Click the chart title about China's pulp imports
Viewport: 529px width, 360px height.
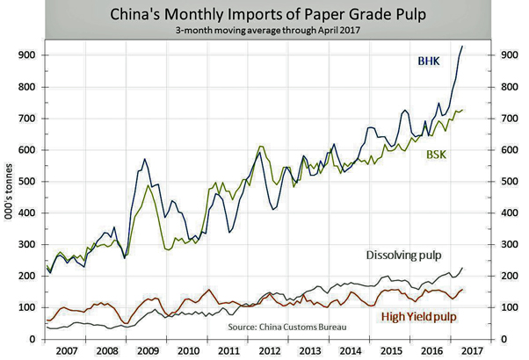coord(264,15)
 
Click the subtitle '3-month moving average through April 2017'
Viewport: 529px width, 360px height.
coord(264,31)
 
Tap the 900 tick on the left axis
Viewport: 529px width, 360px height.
coord(30,55)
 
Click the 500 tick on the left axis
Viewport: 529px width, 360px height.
coord(30,182)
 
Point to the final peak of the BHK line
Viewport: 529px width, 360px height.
coord(463,47)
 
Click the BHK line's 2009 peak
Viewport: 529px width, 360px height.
coord(144,159)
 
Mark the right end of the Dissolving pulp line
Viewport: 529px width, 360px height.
coord(463,268)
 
